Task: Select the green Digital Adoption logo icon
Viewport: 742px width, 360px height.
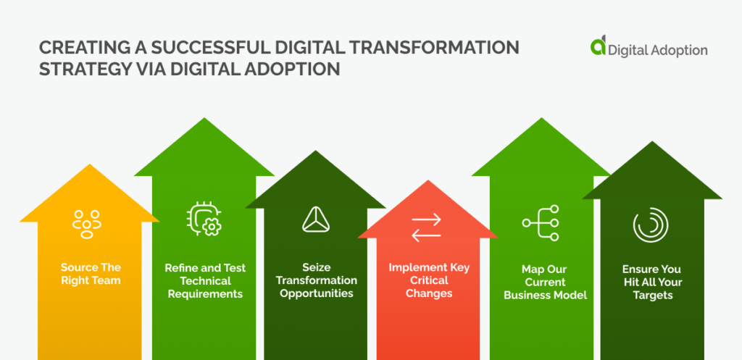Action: [598, 46]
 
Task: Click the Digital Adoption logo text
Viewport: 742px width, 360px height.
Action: [658, 50]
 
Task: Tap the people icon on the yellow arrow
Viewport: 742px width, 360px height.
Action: [87, 225]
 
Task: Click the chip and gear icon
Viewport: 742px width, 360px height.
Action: [204, 219]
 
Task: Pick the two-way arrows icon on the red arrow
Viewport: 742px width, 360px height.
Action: [426, 227]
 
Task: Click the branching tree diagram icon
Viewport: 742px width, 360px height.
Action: [541, 223]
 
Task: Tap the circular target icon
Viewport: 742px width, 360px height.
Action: [651, 225]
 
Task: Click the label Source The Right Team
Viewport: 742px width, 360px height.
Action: [91, 274]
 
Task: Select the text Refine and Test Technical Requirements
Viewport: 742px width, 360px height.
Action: [205, 281]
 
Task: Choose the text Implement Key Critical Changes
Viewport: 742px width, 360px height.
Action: [429, 280]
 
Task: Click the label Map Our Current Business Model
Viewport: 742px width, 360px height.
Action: [545, 282]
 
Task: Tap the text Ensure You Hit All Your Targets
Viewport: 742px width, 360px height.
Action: [651, 282]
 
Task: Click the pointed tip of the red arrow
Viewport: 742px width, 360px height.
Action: [428, 180]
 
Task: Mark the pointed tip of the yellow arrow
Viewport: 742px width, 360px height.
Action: [89, 164]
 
